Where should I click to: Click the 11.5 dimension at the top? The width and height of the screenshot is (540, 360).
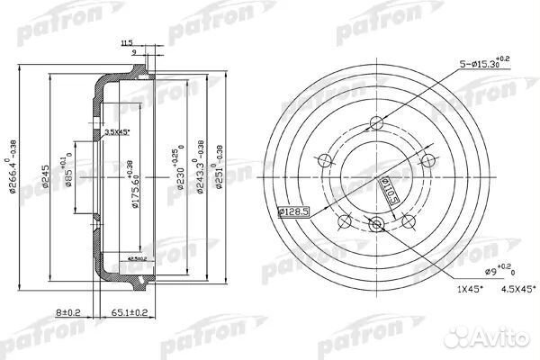pos(126,42)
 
